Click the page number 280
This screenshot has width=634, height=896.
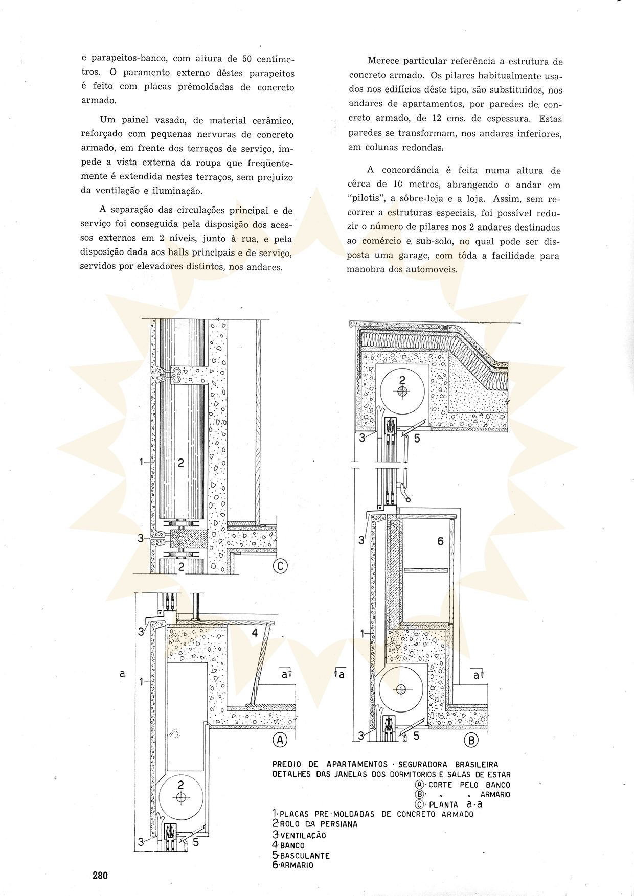click(x=100, y=875)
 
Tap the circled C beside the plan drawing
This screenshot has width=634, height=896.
click(x=280, y=566)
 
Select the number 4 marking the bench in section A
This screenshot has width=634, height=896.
click(x=255, y=633)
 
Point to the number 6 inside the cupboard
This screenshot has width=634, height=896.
click(x=440, y=541)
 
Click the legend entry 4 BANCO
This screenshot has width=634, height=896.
click(x=288, y=845)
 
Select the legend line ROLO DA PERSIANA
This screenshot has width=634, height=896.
click(x=315, y=824)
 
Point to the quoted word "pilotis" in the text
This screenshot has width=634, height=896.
click(x=364, y=199)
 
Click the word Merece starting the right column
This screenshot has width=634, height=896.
click(x=384, y=61)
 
